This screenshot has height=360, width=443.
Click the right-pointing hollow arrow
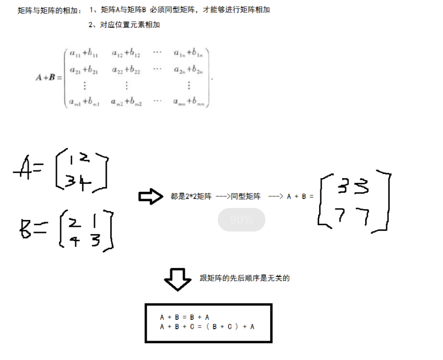click(x=151, y=196)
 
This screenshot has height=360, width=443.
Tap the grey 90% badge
click(x=241, y=220)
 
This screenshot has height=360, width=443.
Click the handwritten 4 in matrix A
click(x=85, y=182)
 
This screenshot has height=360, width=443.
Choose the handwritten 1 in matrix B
click(x=96, y=222)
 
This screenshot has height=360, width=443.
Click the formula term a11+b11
click(x=84, y=53)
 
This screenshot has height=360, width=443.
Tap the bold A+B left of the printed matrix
click(x=48, y=78)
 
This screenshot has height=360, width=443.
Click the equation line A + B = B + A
click(x=185, y=317)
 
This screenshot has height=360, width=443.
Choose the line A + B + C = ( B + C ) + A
click(x=207, y=327)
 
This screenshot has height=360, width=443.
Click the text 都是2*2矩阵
click(x=191, y=196)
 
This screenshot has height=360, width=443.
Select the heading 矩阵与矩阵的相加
click(x=50, y=10)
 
